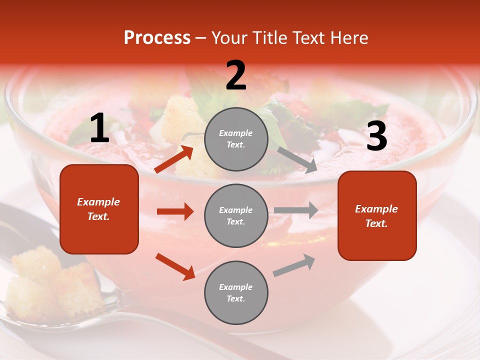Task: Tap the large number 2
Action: click(x=236, y=75)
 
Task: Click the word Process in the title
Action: click(x=157, y=38)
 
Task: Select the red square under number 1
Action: click(x=99, y=209)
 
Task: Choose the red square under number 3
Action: click(x=377, y=215)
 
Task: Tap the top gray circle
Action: click(x=236, y=139)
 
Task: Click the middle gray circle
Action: click(x=236, y=215)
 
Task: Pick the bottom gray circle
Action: click(x=236, y=292)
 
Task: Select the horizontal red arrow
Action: click(x=175, y=211)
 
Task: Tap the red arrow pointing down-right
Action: click(x=175, y=266)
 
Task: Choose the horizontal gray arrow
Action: click(x=296, y=210)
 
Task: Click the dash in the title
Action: click(x=200, y=38)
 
